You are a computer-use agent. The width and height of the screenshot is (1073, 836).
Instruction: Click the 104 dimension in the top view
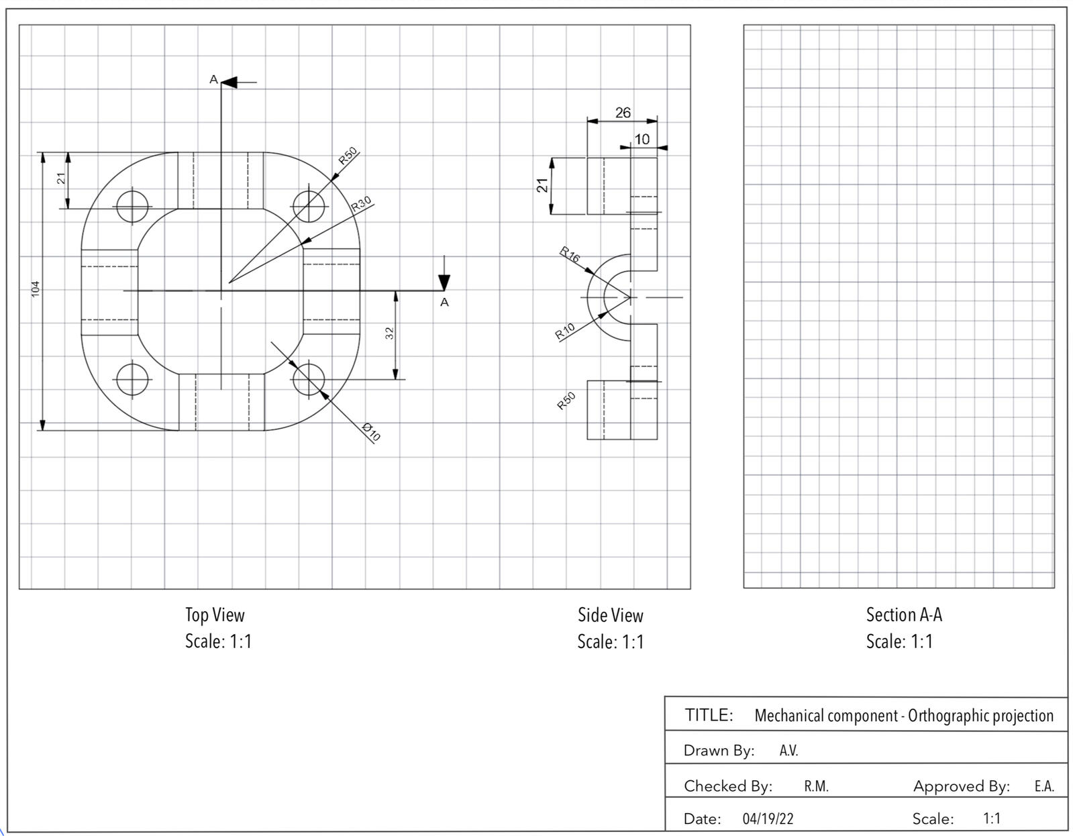[x=35, y=289]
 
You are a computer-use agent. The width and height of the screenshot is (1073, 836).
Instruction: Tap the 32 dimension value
[x=390, y=333]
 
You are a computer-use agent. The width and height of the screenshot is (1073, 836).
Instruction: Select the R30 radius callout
[x=361, y=204]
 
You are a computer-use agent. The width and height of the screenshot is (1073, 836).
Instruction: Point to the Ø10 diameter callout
[x=371, y=432]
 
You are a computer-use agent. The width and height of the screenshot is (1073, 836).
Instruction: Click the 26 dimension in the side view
[x=623, y=113]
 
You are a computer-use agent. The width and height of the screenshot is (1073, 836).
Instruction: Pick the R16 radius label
[x=569, y=255]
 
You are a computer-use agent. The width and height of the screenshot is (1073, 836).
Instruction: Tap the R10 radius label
[x=564, y=331]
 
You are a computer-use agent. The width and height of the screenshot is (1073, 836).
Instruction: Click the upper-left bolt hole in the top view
[x=132, y=206]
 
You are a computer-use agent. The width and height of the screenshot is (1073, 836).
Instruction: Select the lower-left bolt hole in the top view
[x=132, y=380]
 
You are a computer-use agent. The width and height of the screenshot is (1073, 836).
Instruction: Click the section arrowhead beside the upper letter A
[x=229, y=83]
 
